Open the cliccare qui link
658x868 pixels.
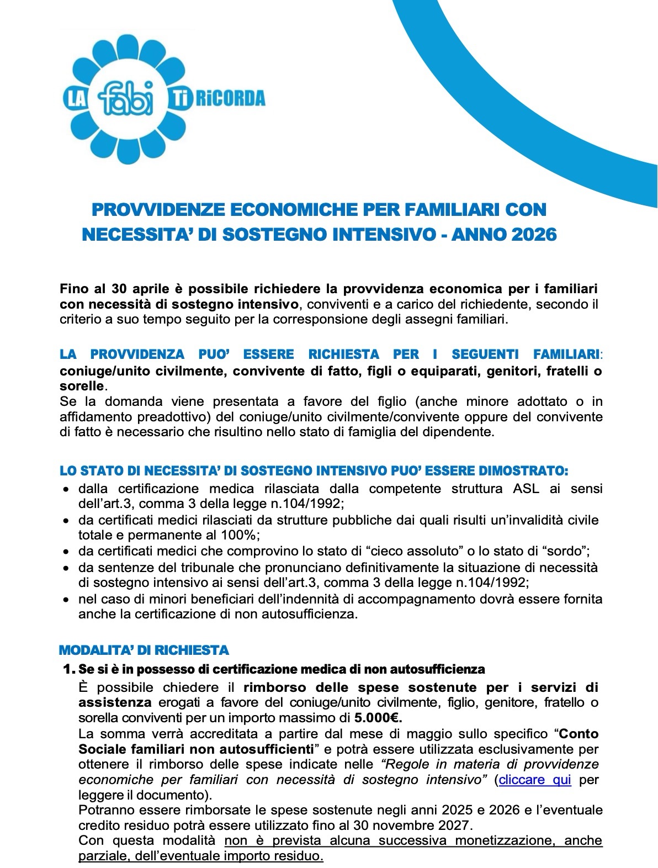[x=535, y=780]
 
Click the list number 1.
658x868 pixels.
[x=69, y=670]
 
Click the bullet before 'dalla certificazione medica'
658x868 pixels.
[x=66, y=489]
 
